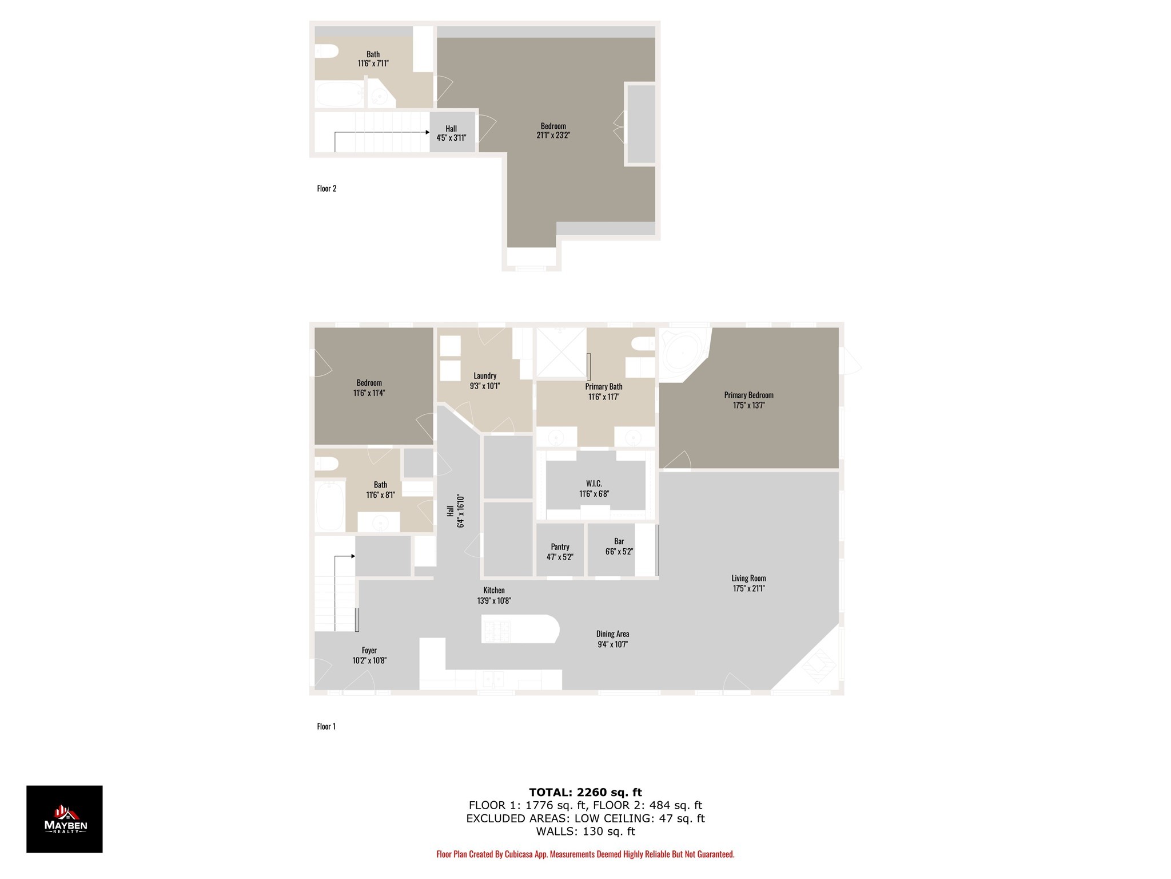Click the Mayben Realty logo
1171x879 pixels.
(65, 818)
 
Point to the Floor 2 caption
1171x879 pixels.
(326, 188)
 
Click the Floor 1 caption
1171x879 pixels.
(326, 726)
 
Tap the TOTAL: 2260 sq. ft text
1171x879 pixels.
(585, 792)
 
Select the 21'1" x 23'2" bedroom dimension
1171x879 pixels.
(553, 136)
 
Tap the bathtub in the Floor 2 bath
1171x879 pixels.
(340, 94)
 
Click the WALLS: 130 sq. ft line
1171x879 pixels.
(585, 832)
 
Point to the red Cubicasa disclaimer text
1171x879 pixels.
(585, 854)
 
